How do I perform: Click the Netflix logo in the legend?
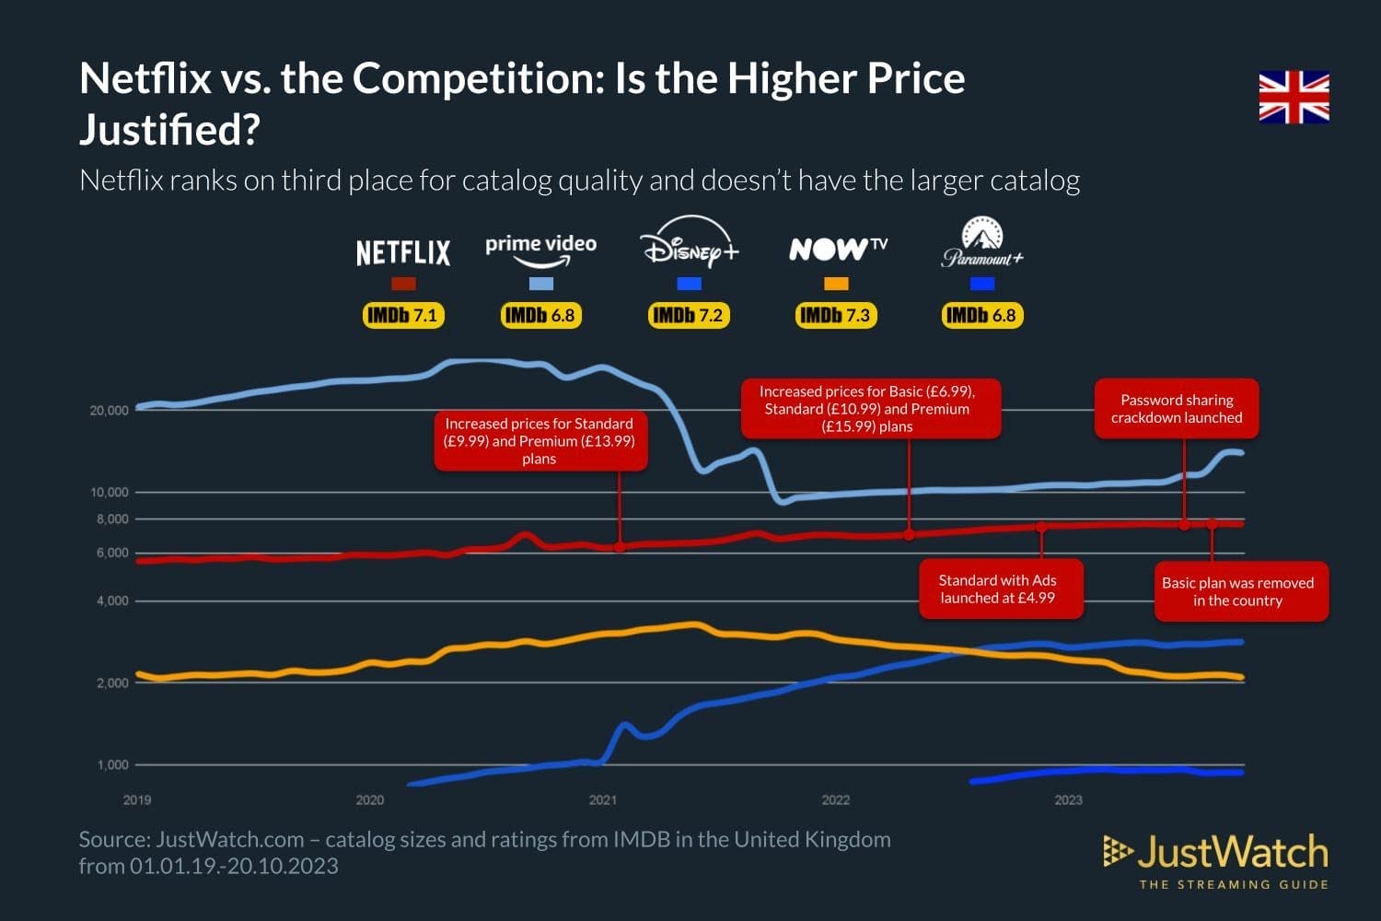tap(403, 252)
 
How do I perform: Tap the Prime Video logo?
tap(540, 248)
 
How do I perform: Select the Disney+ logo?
tap(689, 243)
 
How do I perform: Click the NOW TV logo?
tap(837, 249)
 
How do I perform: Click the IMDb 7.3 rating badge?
tap(835, 316)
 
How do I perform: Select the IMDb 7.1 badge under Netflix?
tap(403, 316)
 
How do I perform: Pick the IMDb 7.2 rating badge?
tap(688, 316)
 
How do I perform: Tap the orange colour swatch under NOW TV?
tap(836, 284)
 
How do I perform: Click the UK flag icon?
tap(1294, 98)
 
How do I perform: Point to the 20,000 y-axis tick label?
tap(109, 411)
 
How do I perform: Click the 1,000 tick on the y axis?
tap(112, 765)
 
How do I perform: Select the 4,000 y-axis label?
tap(112, 601)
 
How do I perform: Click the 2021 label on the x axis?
tap(603, 800)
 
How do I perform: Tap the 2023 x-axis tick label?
tap(1068, 800)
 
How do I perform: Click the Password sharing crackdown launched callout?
tap(1176, 409)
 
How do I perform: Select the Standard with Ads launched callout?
tap(1000, 589)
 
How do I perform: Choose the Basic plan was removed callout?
tap(1240, 591)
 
